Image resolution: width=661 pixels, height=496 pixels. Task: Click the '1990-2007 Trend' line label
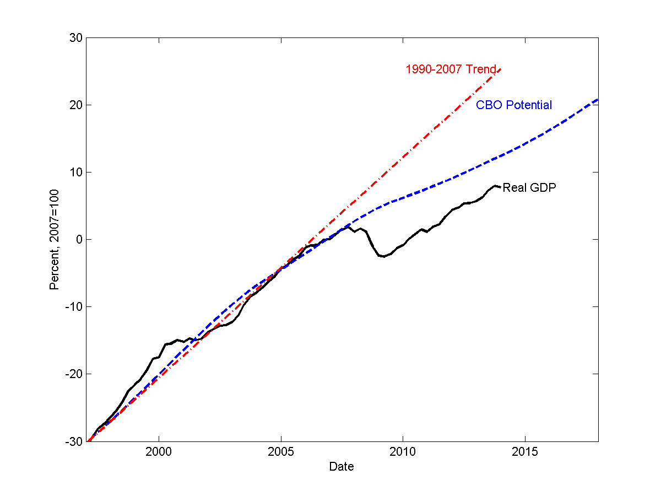coord(451,69)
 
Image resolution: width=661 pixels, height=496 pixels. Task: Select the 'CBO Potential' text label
coord(513,105)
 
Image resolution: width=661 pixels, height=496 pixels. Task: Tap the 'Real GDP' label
coord(529,188)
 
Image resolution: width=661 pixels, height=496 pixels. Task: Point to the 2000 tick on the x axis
coord(159,452)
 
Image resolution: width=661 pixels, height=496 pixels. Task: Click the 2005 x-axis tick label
coord(281,452)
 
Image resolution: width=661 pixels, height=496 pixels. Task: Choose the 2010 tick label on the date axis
coord(403,452)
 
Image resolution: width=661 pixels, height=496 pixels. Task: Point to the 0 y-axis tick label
coord(79,239)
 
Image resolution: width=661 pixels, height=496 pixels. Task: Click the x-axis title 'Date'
coord(342,467)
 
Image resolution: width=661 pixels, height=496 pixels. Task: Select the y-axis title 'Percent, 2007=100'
coord(54,239)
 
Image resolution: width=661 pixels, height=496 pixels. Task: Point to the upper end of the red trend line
coord(500,69)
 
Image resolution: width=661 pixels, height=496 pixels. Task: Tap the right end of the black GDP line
coord(500,187)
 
